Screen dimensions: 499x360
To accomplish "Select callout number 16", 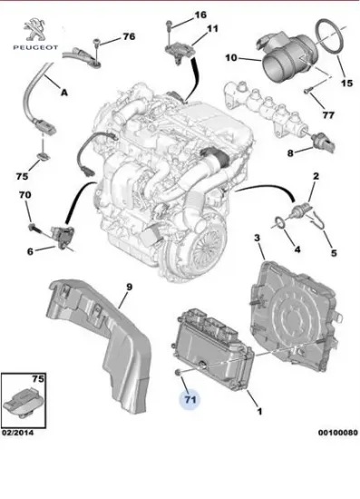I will tap(200, 15).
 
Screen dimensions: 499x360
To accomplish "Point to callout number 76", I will tap(128, 36).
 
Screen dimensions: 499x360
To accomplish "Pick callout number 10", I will tap(231, 57).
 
